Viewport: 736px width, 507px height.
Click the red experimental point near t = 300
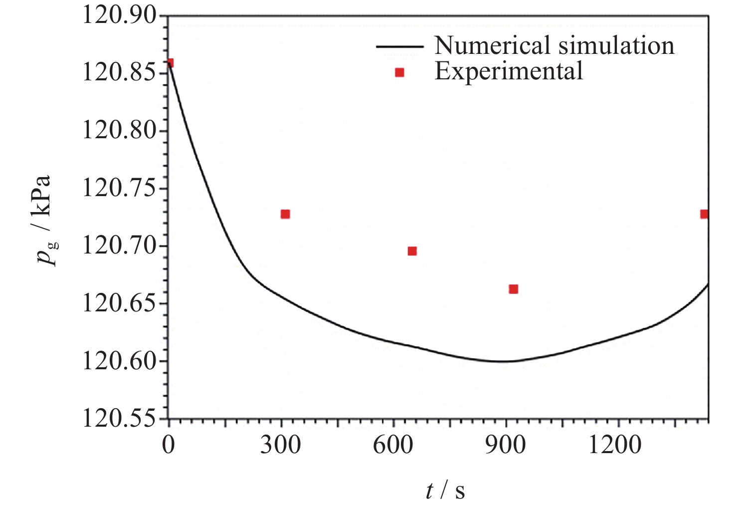click(285, 214)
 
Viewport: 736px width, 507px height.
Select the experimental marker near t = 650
click(412, 251)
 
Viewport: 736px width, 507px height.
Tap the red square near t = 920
click(513, 289)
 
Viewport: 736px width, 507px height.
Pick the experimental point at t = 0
click(170, 63)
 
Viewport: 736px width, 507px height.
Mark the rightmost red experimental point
click(704, 214)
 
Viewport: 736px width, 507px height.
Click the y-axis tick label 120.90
click(119, 16)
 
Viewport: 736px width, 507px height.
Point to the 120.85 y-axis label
click(119, 73)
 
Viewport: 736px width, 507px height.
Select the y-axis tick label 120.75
click(119, 189)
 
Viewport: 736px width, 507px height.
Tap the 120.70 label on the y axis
click(119, 246)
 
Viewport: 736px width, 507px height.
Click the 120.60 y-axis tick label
click(119, 361)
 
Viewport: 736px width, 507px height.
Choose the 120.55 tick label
click(119, 418)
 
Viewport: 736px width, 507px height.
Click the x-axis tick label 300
click(281, 444)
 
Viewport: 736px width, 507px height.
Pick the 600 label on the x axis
click(393, 444)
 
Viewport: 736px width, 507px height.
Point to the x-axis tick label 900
click(506, 444)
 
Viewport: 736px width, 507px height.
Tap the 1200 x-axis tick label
click(615, 444)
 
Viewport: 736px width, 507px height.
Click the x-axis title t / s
click(445, 490)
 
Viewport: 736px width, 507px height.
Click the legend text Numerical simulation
click(554, 45)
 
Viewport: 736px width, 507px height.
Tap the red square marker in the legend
click(399, 73)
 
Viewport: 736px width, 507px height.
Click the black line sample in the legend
click(399, 46)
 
